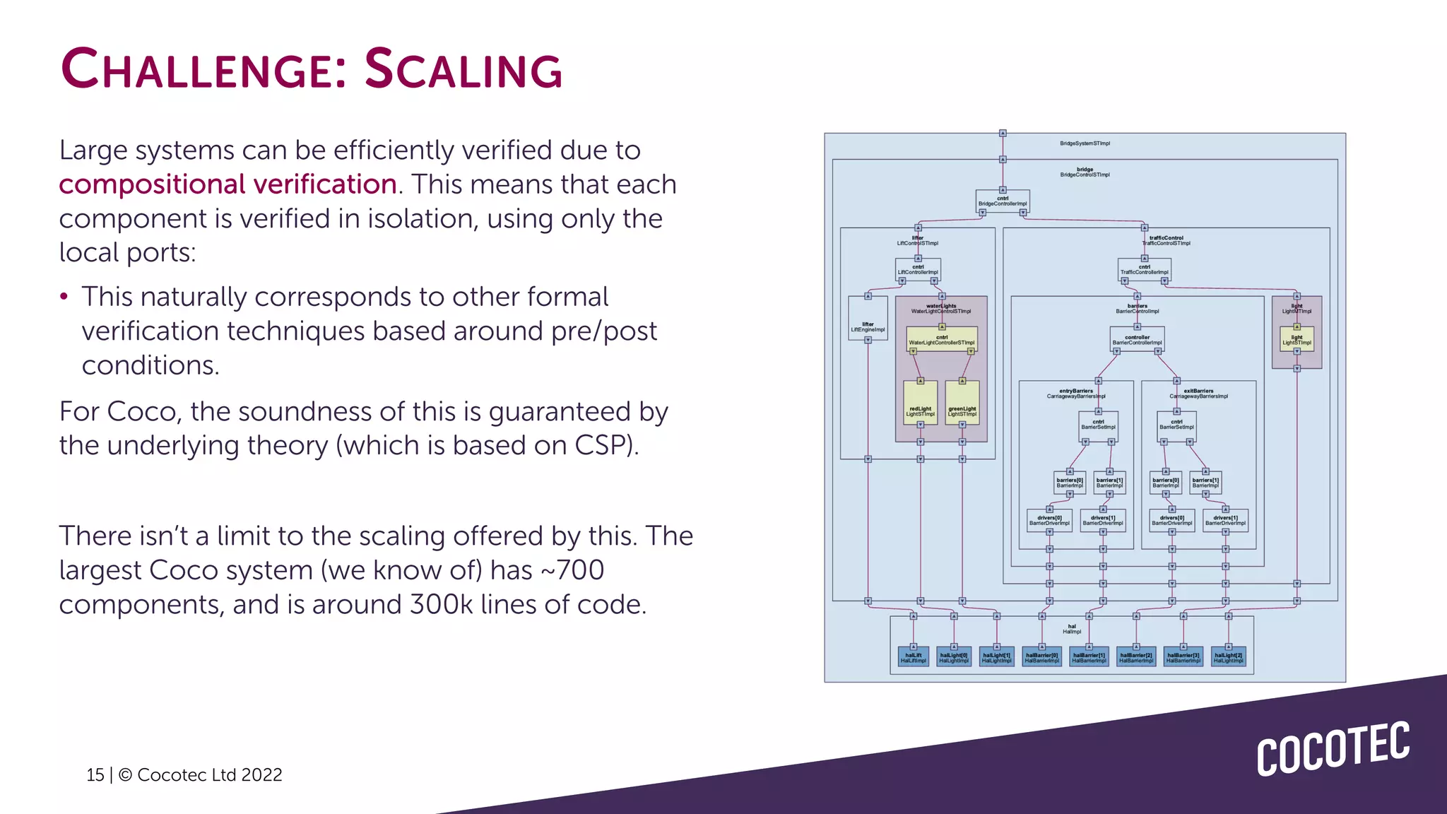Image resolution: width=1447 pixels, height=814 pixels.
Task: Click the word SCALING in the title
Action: click(463, 69)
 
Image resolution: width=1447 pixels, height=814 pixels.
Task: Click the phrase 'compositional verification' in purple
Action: click(228, 184)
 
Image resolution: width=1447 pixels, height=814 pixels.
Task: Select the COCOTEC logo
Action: click(1333, 749)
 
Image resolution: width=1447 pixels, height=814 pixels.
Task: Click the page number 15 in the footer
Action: click(95, 775)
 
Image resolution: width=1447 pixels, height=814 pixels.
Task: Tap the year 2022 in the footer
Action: click(261, 775)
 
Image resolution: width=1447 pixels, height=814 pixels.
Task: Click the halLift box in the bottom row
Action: click(913, 657)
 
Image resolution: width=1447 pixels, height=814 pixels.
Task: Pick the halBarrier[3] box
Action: click(1183, 657)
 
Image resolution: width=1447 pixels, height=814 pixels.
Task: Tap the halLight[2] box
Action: click(1228, 657)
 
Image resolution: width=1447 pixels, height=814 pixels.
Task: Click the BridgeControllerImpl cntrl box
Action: click(1002, 201)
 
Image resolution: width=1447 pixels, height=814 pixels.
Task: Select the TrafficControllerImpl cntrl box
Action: click(1144, 269)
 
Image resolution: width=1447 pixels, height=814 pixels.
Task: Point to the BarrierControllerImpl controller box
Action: click(1137, 339)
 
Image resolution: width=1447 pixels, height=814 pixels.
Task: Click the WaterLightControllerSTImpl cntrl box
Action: click(941, 339)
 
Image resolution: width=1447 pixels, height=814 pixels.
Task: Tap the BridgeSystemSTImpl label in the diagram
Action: click(1085, 143)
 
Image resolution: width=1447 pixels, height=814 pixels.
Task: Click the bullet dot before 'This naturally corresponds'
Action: click(64, 297)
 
